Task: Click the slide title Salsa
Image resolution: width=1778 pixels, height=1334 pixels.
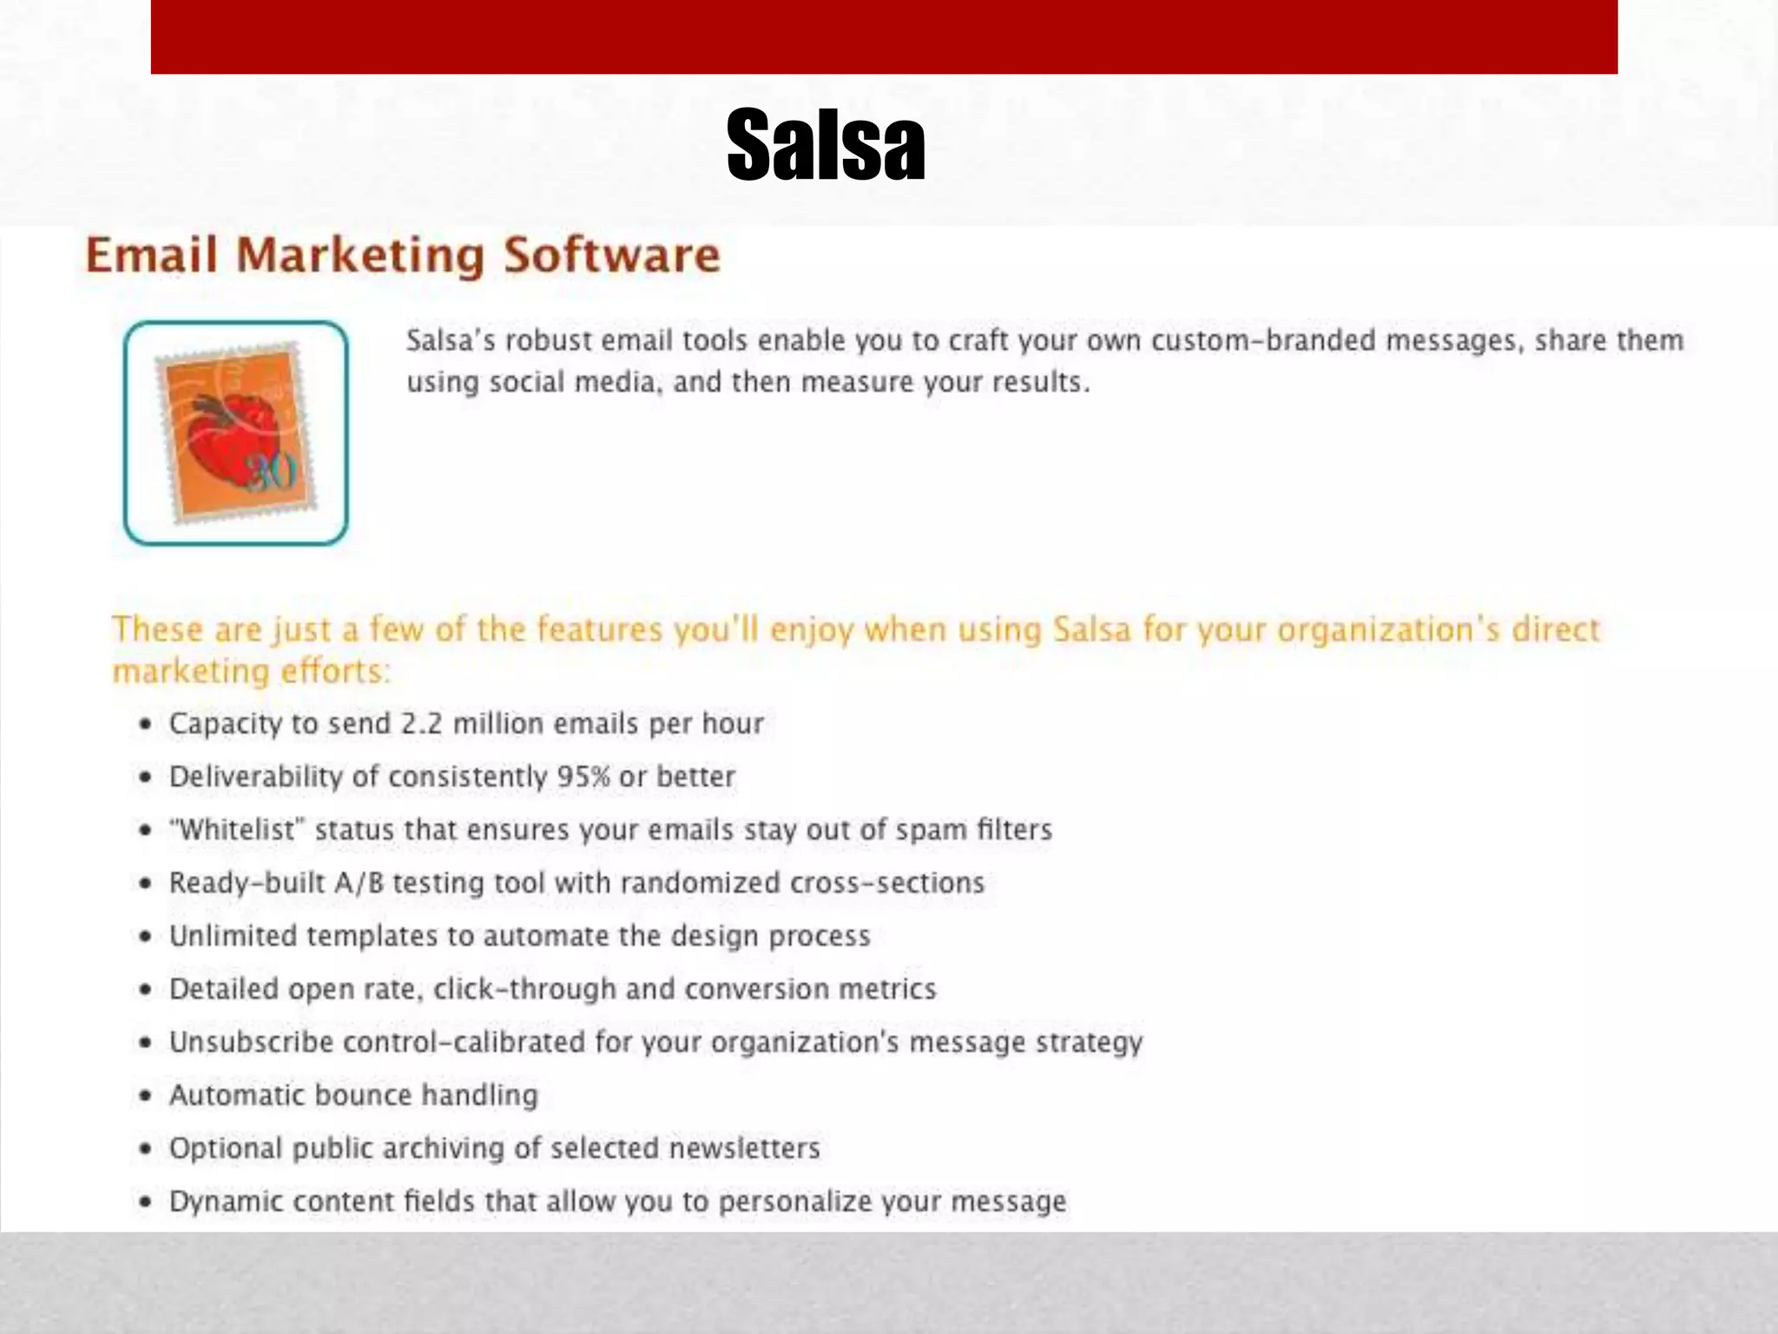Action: (x=826, y=145)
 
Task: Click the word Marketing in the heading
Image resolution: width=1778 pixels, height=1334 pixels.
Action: (x=359, y=257)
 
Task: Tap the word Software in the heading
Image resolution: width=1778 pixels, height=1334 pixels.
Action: (x=612, y=255)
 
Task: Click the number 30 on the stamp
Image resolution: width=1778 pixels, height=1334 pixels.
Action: (x=272, y=473)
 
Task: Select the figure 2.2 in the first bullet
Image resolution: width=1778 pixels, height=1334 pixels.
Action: (x=422, y=723)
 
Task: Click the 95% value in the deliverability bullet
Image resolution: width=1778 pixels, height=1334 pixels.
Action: (x=583, y=776)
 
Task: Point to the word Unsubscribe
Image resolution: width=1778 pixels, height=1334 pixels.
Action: (x=251, y=1042)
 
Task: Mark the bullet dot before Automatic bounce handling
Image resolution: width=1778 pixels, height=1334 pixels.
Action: (x=146, y=1096)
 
